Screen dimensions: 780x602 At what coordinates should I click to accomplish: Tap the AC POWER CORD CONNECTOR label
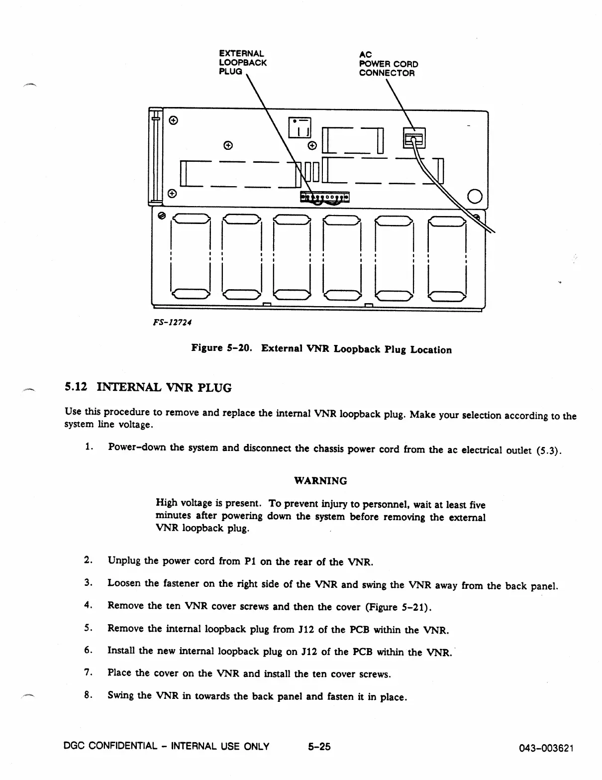(388, 64)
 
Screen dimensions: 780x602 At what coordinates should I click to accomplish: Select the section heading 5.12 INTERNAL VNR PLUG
(148, 387)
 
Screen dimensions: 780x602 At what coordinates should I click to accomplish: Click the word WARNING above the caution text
(320, 481)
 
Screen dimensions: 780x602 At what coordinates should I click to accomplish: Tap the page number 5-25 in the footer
(319, 747)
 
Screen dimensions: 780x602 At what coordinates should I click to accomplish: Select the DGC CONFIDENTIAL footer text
(167, 746)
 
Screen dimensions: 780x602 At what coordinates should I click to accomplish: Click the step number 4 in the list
(88, 605)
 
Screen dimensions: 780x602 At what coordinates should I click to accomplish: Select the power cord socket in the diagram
(414, 136)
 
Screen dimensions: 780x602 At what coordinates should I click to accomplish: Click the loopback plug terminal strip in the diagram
(325, 198)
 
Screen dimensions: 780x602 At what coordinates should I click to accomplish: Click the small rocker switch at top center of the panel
(300, 127)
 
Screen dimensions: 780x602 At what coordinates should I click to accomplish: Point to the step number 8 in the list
(88, 695)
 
